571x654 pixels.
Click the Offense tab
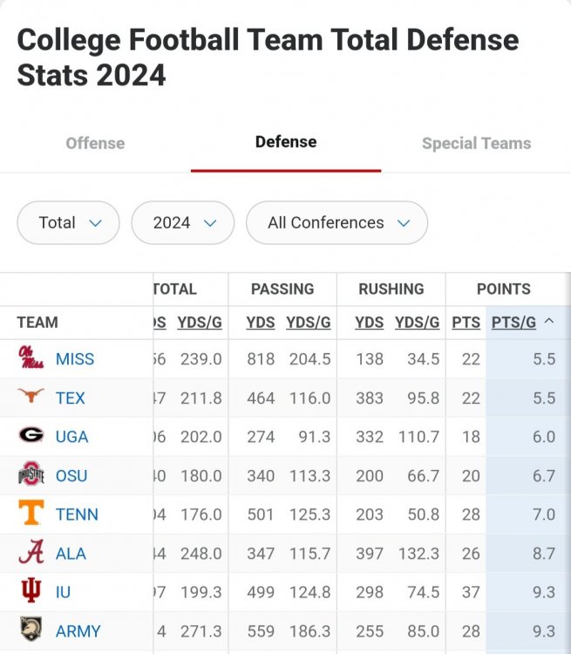point(95,143)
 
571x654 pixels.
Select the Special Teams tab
point(476,143)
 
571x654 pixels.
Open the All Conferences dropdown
point(336,222)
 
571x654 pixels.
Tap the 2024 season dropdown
point(183,222)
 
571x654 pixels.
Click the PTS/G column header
point(513,323)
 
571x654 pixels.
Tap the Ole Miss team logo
point(31,358)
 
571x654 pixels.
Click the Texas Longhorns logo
point(31,398)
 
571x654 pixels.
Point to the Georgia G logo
point(31,436)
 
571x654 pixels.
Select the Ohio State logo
point(31,475)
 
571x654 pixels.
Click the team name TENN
point(77,514)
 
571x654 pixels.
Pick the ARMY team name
point(78,630)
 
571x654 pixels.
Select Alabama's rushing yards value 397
point(370,553)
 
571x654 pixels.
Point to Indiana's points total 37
point(471,592)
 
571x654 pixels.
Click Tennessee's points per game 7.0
point(543,514)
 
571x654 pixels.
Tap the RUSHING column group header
point(391,289)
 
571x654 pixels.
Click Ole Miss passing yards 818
point(261,359)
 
